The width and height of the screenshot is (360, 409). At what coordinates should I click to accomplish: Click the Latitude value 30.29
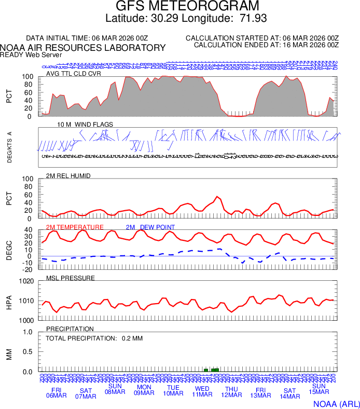[166, 19]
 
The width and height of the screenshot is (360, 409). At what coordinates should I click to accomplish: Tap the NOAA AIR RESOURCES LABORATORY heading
[83, 48]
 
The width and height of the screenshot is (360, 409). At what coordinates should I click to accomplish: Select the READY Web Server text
[31, 54]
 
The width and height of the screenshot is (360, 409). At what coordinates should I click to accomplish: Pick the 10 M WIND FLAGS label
[85, 125]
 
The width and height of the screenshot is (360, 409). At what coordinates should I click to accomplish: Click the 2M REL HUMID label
[68, 176]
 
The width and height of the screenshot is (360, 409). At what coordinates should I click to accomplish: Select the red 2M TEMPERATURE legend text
[75, 227]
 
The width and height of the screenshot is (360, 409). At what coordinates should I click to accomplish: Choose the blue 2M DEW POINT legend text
[150, 227]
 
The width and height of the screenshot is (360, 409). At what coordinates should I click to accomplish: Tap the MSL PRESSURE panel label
[71, 278]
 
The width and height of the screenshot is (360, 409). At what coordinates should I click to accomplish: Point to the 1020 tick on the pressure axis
[26, 281]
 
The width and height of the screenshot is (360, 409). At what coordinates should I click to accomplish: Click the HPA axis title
[9, 301]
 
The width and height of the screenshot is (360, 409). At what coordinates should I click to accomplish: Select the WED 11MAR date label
[202, 392]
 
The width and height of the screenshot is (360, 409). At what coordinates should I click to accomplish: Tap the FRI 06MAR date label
[57, 393]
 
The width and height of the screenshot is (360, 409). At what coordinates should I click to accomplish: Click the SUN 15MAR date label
[319, 389]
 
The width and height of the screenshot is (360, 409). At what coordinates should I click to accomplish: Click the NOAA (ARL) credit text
[336, 404]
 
